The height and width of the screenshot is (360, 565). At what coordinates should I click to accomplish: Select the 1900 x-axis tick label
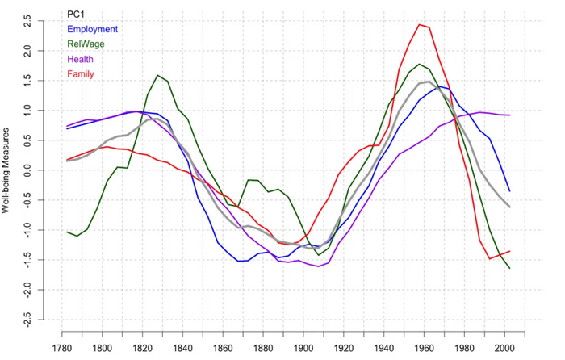[x=303, y=349]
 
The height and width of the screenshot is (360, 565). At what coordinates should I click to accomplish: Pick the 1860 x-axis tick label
[x=223, y=349]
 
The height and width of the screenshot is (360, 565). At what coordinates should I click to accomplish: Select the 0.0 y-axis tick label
[x=27, y=170]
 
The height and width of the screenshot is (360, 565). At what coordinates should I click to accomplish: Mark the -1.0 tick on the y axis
[x=27, y=231]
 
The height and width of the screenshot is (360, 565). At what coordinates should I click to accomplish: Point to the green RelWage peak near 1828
[x=157, y=75]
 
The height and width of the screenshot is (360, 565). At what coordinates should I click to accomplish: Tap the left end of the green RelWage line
[x=67, y=232]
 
